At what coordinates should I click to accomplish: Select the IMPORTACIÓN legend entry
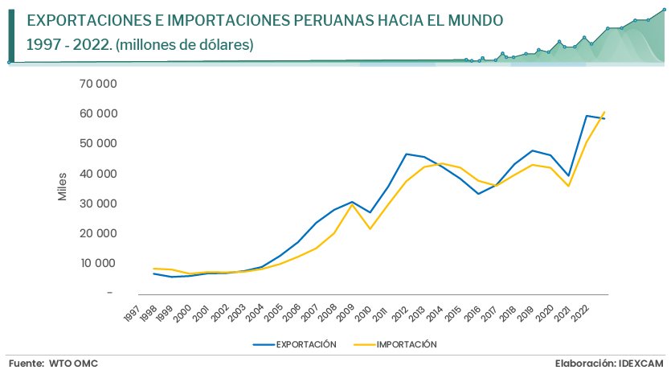pos(406,344)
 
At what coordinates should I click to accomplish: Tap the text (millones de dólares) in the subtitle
pos(185,46)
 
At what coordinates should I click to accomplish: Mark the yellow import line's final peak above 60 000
pos(604,111)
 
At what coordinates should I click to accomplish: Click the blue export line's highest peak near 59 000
pos(587,115)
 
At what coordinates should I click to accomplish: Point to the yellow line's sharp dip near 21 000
pos(370,229)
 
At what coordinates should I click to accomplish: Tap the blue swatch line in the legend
pos(264,344)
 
